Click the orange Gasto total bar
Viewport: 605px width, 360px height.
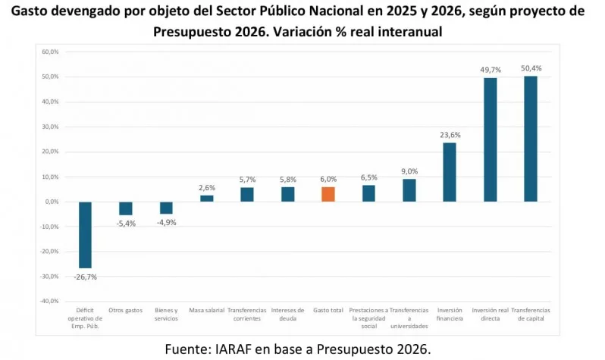[328, 194]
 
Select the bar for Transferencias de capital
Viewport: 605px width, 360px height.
[530, 139]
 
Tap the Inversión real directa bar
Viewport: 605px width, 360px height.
[490, 139]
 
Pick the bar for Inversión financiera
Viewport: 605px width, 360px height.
[450, 172]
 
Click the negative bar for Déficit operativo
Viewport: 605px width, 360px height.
[85, 235]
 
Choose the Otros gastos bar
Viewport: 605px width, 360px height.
[126, 208]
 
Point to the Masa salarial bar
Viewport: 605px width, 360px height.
[206, 199]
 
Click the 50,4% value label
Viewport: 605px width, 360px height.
[531, 68]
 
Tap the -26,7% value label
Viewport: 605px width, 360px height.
[85, 277]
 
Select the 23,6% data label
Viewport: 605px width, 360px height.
[450, 135]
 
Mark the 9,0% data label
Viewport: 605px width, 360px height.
[409, 171]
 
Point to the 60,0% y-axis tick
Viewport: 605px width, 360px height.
[49, 52]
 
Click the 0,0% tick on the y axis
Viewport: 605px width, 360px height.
[51, 202]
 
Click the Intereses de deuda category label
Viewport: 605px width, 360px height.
[287, 315]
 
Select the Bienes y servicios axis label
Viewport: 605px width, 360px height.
[166, 315]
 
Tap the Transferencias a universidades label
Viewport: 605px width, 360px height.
[409, 318]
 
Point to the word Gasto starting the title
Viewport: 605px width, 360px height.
[33, 13]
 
